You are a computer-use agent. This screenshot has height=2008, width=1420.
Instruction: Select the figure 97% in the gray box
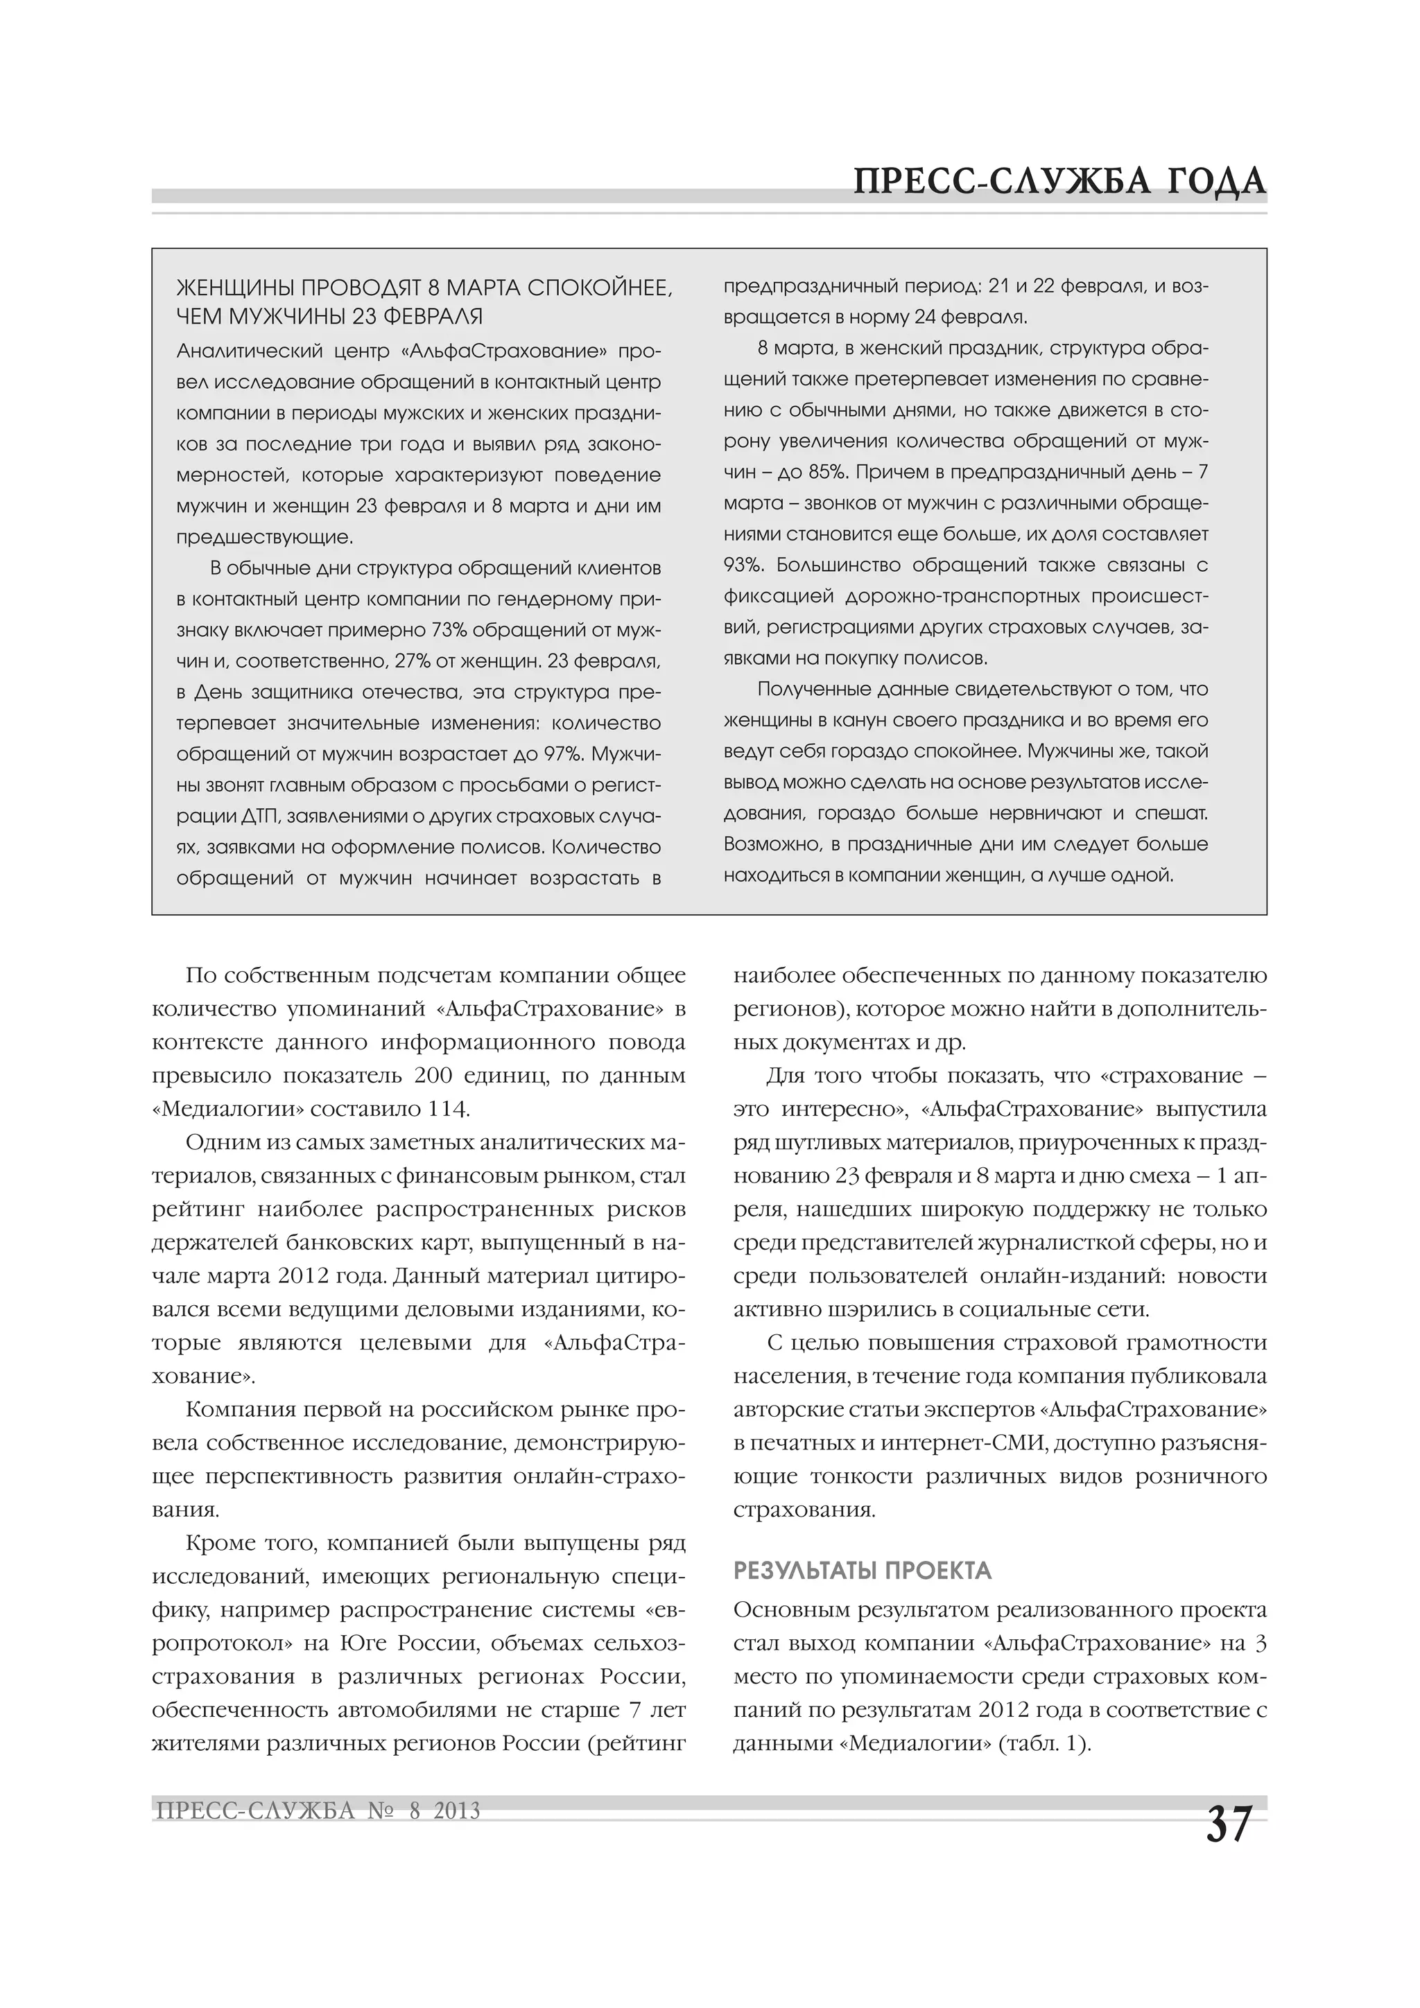[x=571, y=754]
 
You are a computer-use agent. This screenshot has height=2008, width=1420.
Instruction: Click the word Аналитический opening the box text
[x=247, y=351]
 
